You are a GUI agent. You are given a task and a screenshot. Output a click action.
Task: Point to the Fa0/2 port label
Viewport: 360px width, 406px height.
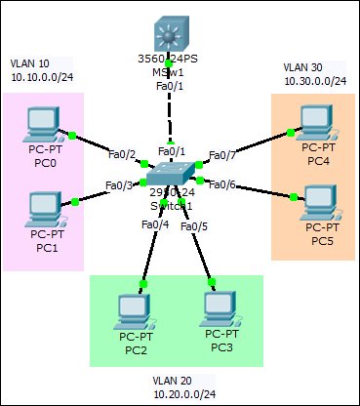[x=121, y=154]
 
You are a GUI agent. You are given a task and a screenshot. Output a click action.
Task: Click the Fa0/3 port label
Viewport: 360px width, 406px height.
[x=119, y=185]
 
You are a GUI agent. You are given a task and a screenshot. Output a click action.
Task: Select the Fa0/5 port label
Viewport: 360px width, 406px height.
[x=194, y=225]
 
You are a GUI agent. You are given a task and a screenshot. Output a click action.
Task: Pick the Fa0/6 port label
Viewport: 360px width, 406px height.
[x=222, y=184]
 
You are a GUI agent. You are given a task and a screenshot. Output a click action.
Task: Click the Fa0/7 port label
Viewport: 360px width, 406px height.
[x=222, y=155]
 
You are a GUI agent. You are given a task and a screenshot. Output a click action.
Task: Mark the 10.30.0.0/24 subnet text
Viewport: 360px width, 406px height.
[x=315, y=81]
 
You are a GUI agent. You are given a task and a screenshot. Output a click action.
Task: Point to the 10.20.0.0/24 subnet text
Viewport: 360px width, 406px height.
[x=184, y=393]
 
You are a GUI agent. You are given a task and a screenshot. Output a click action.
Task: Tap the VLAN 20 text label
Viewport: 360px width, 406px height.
[x=172, y=380]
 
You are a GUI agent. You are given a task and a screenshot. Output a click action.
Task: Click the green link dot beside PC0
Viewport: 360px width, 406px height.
[x=73, y=132]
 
